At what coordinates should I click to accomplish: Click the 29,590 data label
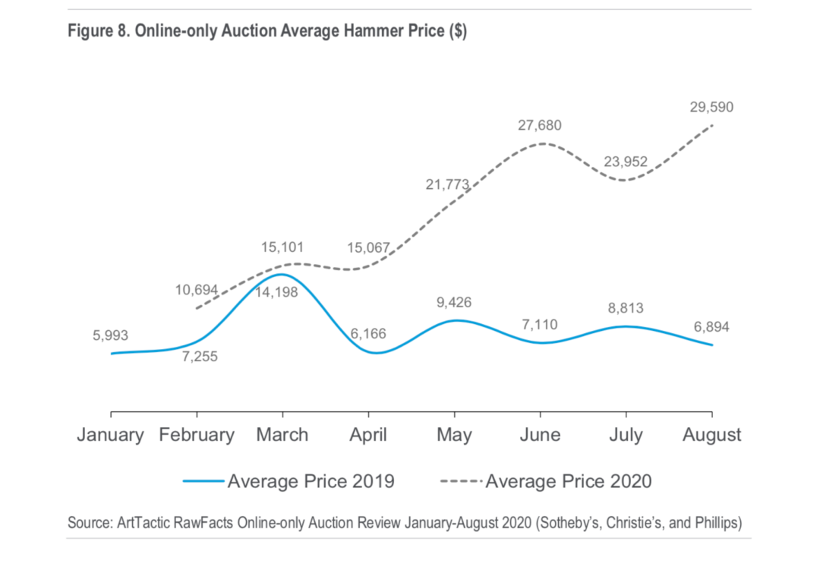711,108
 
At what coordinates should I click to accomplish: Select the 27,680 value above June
540,125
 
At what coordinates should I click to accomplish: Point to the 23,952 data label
626,162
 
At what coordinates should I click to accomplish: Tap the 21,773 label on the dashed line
447,184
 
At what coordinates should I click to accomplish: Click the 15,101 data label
282,247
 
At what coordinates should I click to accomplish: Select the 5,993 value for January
111,335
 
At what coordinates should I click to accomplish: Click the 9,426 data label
454,303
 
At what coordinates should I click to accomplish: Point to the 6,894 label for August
711,327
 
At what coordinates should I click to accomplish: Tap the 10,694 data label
196,290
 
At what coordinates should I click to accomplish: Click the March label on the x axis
282,435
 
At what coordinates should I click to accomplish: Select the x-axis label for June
540,435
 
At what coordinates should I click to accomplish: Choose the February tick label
197,435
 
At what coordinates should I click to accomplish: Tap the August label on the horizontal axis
711,435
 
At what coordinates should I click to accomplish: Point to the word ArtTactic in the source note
141,523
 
